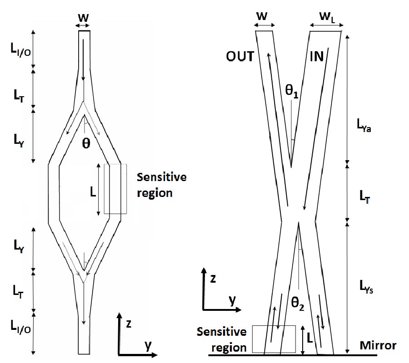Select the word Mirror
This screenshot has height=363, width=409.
coord(378,345)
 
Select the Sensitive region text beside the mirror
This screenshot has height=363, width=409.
coord(222,339)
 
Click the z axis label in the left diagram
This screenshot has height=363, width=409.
coord(129,324)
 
